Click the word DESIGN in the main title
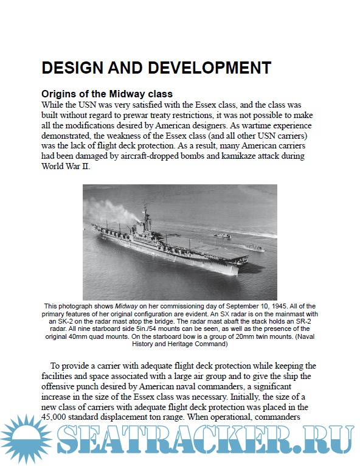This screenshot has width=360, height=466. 71,67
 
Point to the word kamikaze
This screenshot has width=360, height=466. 235,157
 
